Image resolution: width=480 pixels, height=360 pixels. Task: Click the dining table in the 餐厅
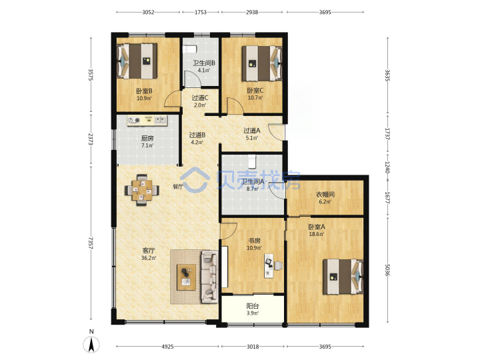[142, 191]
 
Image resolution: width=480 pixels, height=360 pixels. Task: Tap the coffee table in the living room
[187, 277]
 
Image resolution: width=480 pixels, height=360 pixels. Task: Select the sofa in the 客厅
[209, 277]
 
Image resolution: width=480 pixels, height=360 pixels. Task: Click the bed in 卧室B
[137, 61]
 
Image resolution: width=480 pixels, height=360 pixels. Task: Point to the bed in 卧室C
[262, 64]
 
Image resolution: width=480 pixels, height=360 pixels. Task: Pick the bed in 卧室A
[343, 277]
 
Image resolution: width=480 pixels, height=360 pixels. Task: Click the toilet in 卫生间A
[251, 161]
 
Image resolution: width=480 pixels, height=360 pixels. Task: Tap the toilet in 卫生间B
[189, 49]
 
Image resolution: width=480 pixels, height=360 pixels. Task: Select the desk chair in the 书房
[278, 266]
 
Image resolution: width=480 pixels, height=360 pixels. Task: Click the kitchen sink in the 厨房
[161, 120]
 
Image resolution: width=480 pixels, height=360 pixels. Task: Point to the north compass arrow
[91, 345]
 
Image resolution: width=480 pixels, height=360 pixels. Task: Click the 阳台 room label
[253, 306]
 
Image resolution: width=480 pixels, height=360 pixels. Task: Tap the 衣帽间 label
[325, 195]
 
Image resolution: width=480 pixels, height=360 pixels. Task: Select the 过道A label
[251, 131]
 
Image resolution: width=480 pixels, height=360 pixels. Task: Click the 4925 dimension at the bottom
[167, 347]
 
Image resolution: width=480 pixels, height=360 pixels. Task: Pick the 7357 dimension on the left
[91, 243]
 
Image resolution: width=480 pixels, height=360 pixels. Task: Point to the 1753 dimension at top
[201, 12]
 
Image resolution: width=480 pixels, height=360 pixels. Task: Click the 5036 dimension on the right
[387, 270]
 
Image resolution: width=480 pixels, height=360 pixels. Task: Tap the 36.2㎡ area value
[149, 258]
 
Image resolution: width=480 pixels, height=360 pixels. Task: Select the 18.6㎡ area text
[317, 234]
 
